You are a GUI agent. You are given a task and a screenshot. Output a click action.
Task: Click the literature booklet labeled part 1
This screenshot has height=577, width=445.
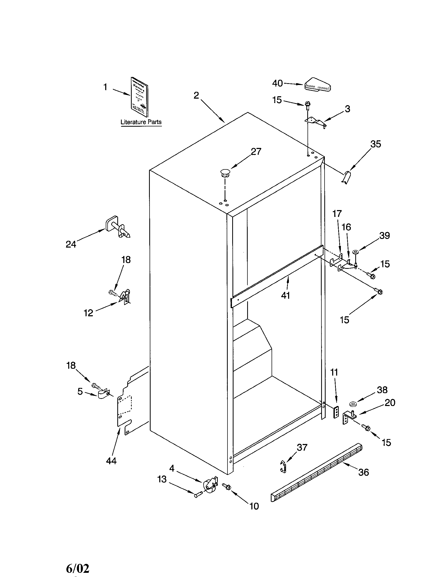140,97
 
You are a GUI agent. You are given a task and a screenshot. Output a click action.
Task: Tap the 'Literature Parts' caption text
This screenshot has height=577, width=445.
141,122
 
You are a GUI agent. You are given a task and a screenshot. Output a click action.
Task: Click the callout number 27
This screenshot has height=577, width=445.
256,152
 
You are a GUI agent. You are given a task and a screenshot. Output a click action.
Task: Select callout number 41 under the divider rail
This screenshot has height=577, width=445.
285,295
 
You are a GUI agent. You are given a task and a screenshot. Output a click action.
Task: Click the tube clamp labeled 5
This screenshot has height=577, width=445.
104,394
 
